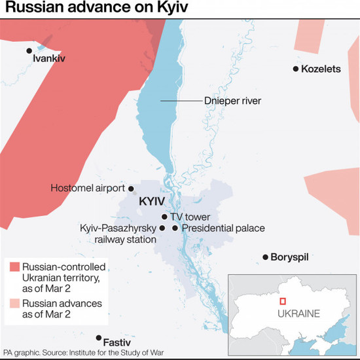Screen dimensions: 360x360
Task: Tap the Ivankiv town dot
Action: (x=28, y=50)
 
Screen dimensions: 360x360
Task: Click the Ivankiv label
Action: (x=50, y=58)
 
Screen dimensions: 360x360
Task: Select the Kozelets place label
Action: (x=322, y=69)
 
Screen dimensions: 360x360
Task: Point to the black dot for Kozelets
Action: (x=296, y=69)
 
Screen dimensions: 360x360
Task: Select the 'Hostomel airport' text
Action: (x=87, y=188)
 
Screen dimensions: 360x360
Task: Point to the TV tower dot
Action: (x=164, y=217)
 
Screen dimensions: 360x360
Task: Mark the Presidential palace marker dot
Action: (x=175, y=228)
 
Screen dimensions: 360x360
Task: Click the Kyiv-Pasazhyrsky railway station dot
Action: (x=162, y=228)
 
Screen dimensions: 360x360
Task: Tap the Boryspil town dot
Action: (x=265, y=257)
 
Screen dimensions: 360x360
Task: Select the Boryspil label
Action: (x=289, y=257)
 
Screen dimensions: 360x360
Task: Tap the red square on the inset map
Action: (x=282, y=301)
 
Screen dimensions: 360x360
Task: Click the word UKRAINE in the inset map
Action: (x=298, y=314)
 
